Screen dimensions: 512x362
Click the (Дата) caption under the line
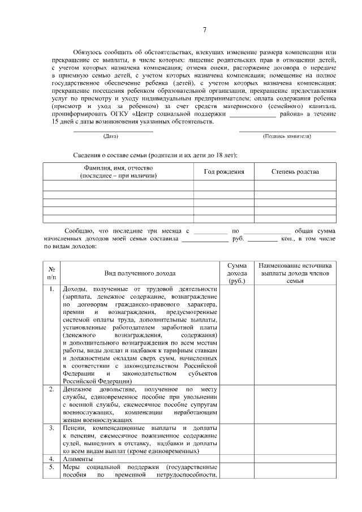coord(111,136)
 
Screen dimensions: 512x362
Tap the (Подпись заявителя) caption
coord(287,136)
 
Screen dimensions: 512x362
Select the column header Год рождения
coord(223,171)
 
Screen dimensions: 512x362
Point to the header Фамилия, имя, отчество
coord(118,171)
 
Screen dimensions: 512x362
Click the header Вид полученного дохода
coord(140,273)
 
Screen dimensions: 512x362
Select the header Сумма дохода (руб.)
coord(236,273)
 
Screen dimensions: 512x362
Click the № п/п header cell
coord(51,273)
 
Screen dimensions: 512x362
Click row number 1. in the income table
coord(51,290)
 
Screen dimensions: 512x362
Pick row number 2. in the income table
coord(51,389)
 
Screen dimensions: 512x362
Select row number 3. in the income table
coord(51,428)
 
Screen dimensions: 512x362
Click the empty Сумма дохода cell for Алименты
coord(236,459)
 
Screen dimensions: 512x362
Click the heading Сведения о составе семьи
coord(156,155)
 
